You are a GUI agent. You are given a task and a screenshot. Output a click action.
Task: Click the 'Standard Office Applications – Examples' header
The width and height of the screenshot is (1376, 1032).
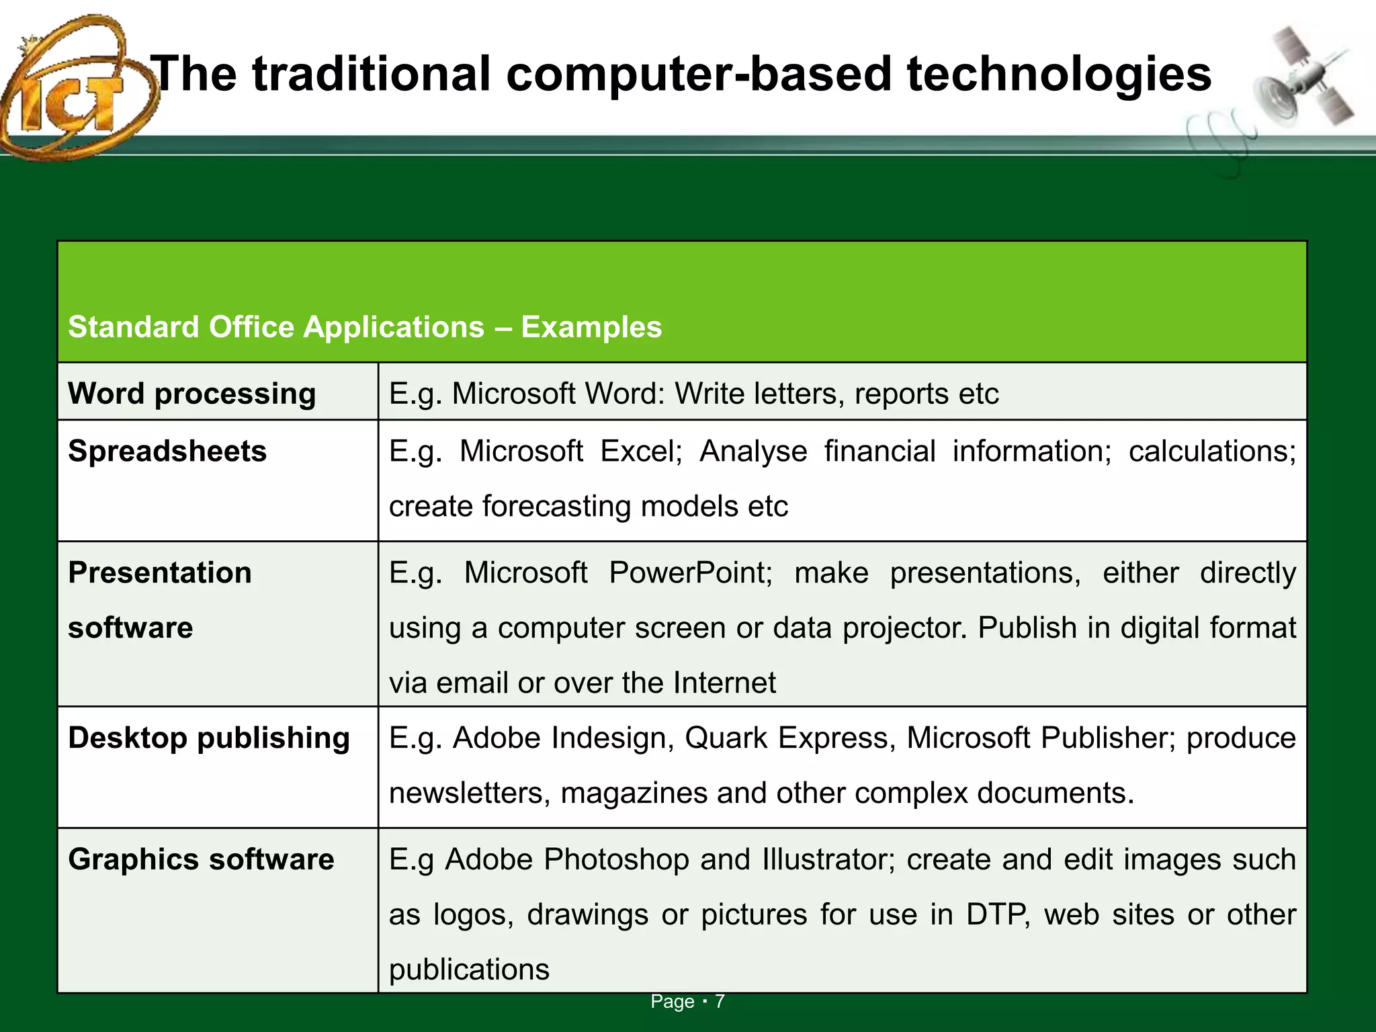(x=365, y=327)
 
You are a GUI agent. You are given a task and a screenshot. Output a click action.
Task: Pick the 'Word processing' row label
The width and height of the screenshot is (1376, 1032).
(x=191, y=393)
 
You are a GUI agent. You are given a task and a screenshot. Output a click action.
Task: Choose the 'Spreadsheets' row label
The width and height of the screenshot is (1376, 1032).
(x=167, y=451)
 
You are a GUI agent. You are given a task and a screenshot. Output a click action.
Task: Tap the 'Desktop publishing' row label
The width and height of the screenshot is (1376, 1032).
(x=209, y=738)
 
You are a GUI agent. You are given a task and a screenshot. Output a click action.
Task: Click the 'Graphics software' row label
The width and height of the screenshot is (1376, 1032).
(x=201, y=859)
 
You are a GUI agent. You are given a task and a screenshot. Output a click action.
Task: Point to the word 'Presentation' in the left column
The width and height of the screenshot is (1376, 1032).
(x=160, y=572)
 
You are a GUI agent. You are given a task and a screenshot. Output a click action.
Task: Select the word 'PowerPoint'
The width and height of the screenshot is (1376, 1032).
(x=691, y=572)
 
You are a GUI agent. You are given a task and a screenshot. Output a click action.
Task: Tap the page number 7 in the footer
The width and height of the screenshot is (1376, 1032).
(x=720, y=1001)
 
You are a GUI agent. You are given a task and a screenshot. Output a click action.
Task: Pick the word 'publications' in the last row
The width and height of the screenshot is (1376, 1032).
(x=469, y=970)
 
